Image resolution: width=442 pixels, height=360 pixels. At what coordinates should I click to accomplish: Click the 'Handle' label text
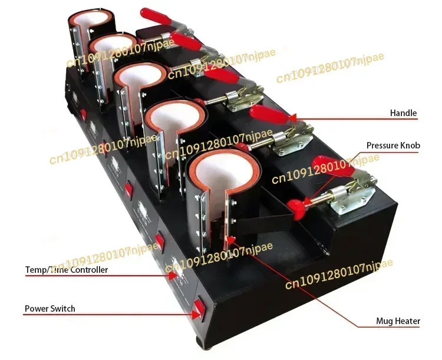pos(403,113)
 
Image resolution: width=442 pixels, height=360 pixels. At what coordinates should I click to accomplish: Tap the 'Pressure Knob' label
pos(393,145)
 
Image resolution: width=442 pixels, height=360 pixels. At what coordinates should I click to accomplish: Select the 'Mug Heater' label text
pos(398,321)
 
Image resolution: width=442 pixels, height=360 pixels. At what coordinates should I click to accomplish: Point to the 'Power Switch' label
pos(50,308)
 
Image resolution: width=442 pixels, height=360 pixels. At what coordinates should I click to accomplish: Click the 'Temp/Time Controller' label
pos(67,270)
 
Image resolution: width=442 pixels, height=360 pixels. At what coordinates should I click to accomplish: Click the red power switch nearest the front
pos(199,307)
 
